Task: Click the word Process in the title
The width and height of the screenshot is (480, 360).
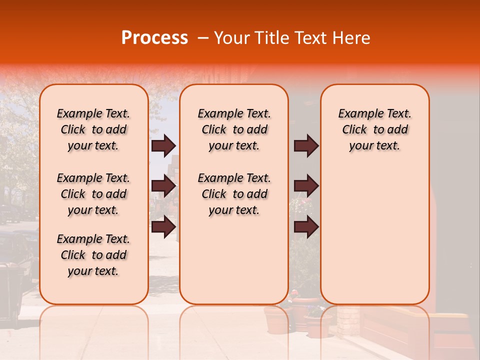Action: [154, 38]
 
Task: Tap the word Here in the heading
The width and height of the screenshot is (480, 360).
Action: [352, 38]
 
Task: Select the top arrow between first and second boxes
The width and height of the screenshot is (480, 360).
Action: [163, 145]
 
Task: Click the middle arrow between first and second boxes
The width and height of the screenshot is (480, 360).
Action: [163, 186]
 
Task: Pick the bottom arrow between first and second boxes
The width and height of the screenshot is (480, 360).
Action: [163, 227]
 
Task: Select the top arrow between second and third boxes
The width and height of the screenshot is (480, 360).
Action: [306, 145]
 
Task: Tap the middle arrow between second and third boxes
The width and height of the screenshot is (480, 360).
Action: [306, 186]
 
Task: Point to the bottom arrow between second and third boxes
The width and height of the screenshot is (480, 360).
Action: [306, 227]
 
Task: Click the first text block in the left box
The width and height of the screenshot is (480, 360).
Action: [93, 129]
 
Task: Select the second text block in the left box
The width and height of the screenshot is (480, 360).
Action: [93, 194]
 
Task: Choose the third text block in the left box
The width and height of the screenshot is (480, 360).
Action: [93, 255]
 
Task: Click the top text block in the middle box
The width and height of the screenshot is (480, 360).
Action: [234, 129]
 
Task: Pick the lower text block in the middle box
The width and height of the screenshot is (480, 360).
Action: [234, 194]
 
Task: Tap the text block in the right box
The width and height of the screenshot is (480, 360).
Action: [374, 129]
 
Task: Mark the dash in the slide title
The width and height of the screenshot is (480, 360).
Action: [203, 38]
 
